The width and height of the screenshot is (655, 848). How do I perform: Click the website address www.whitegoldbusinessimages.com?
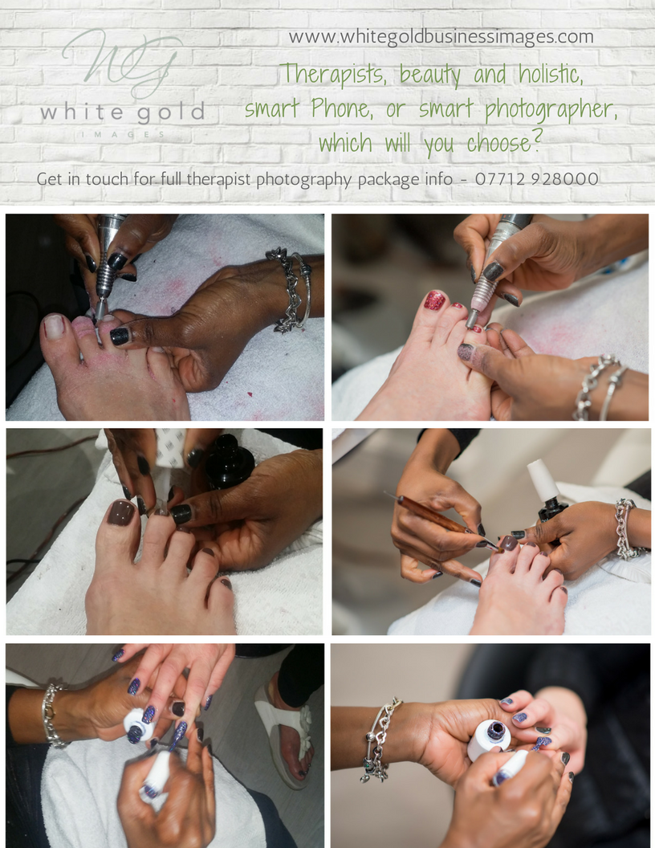[441, 37]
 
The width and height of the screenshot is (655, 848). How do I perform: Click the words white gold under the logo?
[122, 112]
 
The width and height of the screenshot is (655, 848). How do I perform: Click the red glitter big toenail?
[434, 300]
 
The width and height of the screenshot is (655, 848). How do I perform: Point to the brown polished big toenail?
[121, 512]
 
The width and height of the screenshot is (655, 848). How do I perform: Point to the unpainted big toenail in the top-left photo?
[54, 325]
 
